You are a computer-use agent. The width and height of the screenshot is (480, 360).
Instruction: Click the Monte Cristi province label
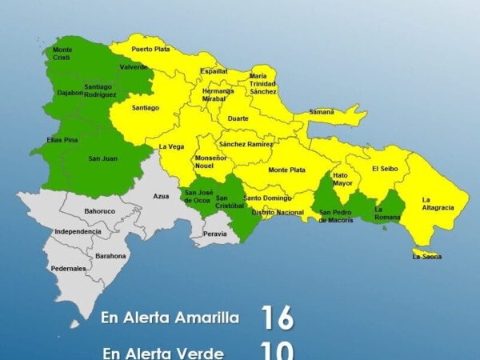pyautogui.click(x=62, y=54)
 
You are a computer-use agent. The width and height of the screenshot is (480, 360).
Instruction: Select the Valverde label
pyautogui.click(x=133, y=67)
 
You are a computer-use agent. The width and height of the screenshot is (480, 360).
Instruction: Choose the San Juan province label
pyautogui.click(x=104, y=158)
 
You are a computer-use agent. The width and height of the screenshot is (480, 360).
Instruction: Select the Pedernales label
pyautogui.click(x=68, y=269)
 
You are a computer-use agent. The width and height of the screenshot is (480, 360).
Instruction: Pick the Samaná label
pyautogui.click(x=322, y=112)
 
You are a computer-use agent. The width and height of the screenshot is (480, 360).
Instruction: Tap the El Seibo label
pyautogui.click(x=385, y=169)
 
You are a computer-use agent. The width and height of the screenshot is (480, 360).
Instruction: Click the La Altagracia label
pyautogui.click(x=438, y=203)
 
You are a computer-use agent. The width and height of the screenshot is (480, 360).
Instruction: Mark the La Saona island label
pyautogui.click(x=426, y=257)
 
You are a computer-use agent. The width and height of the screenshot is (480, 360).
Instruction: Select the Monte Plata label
pyautogui.click(x=286, y=170)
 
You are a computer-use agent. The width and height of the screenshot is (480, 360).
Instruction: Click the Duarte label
pyautogui.click(x=238, y=118)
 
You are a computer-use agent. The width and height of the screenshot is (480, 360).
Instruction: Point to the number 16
pyautogui.click(x=278, y=317)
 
